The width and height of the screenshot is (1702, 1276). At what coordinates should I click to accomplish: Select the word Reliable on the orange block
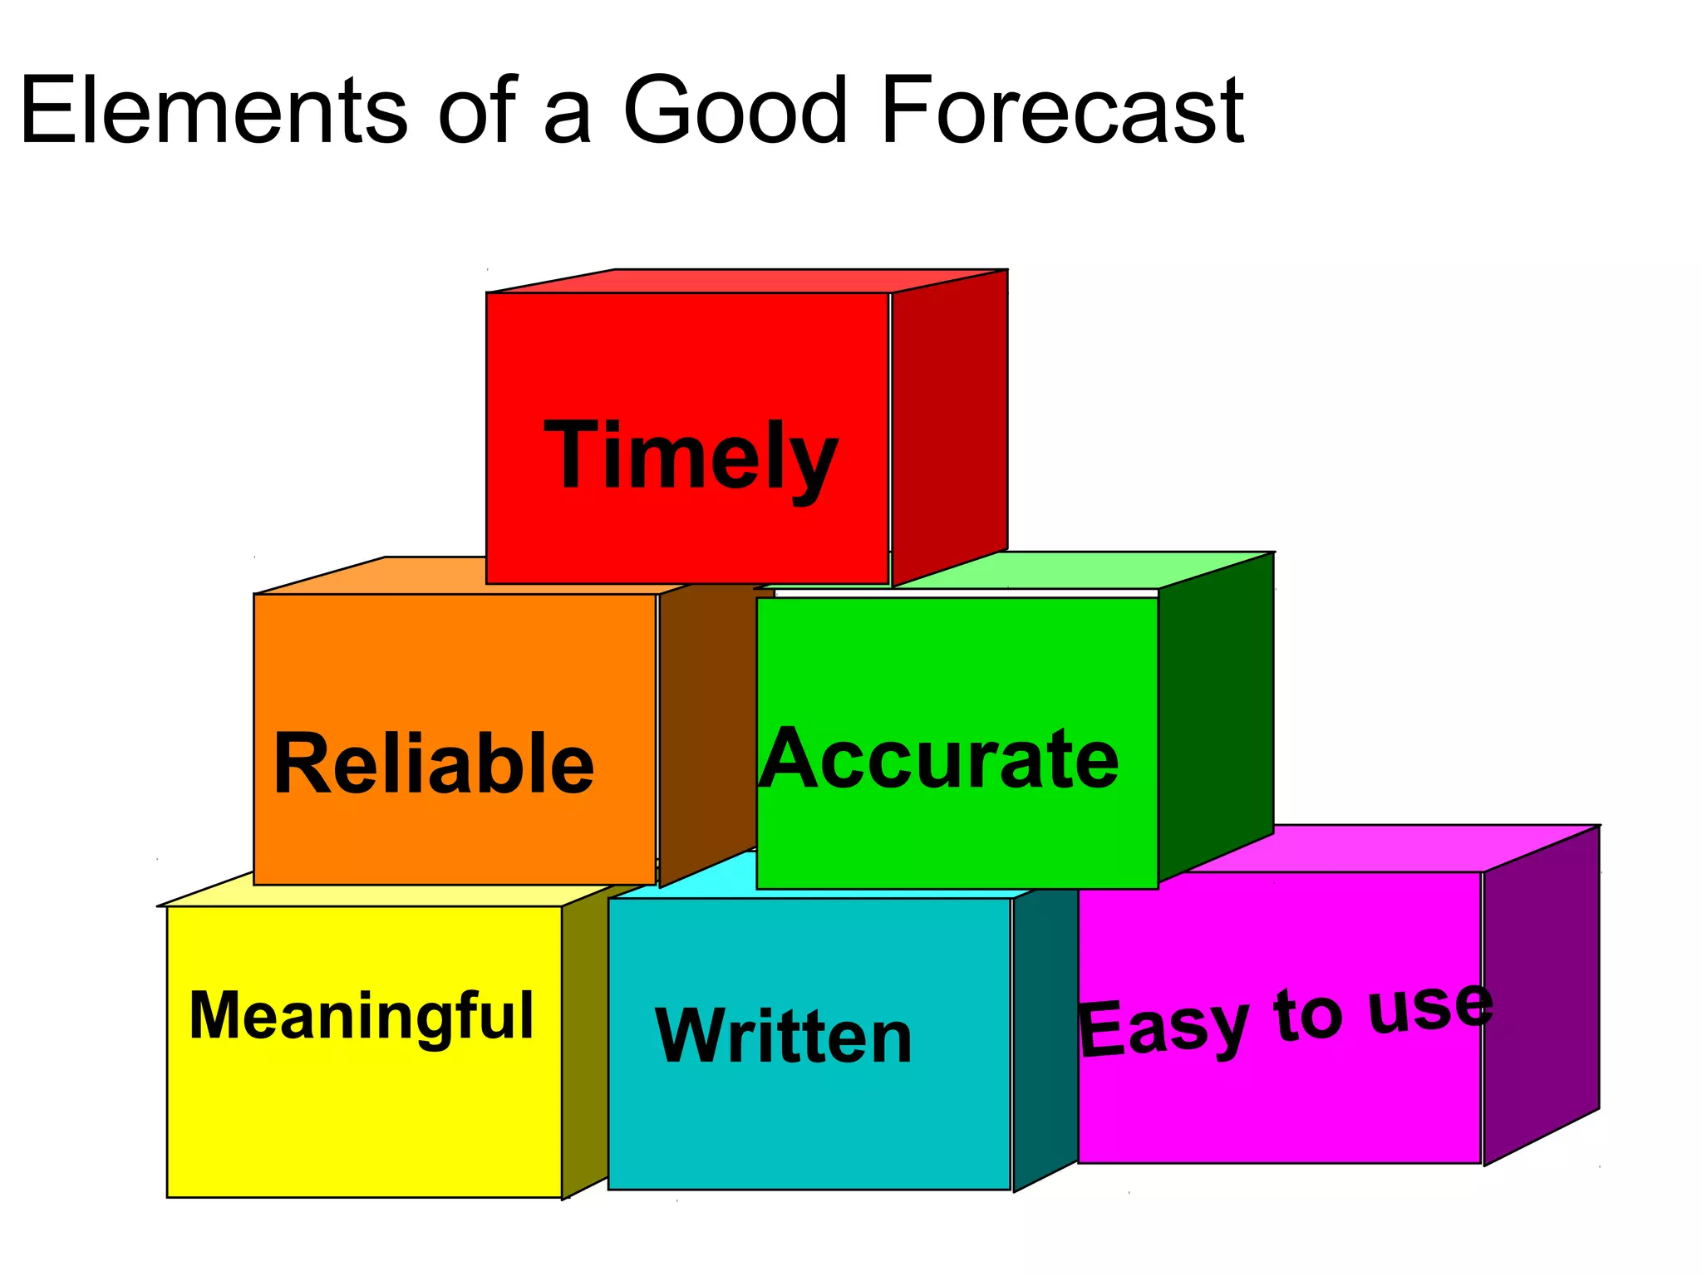[x=433, y=763]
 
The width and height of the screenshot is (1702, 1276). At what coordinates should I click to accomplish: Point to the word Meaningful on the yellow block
[x=362, y=1014]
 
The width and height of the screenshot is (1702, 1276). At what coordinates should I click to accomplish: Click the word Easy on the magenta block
[x=1163, y=1028]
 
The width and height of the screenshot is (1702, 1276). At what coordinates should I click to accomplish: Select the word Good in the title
[x=735, y=110]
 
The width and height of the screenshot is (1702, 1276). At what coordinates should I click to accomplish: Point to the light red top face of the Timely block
[x=748, y=281]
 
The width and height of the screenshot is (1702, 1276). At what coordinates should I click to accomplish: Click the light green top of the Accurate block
[x=1080, y=570]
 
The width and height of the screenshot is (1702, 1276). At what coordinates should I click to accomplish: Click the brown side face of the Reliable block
[x=706, y=731]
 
